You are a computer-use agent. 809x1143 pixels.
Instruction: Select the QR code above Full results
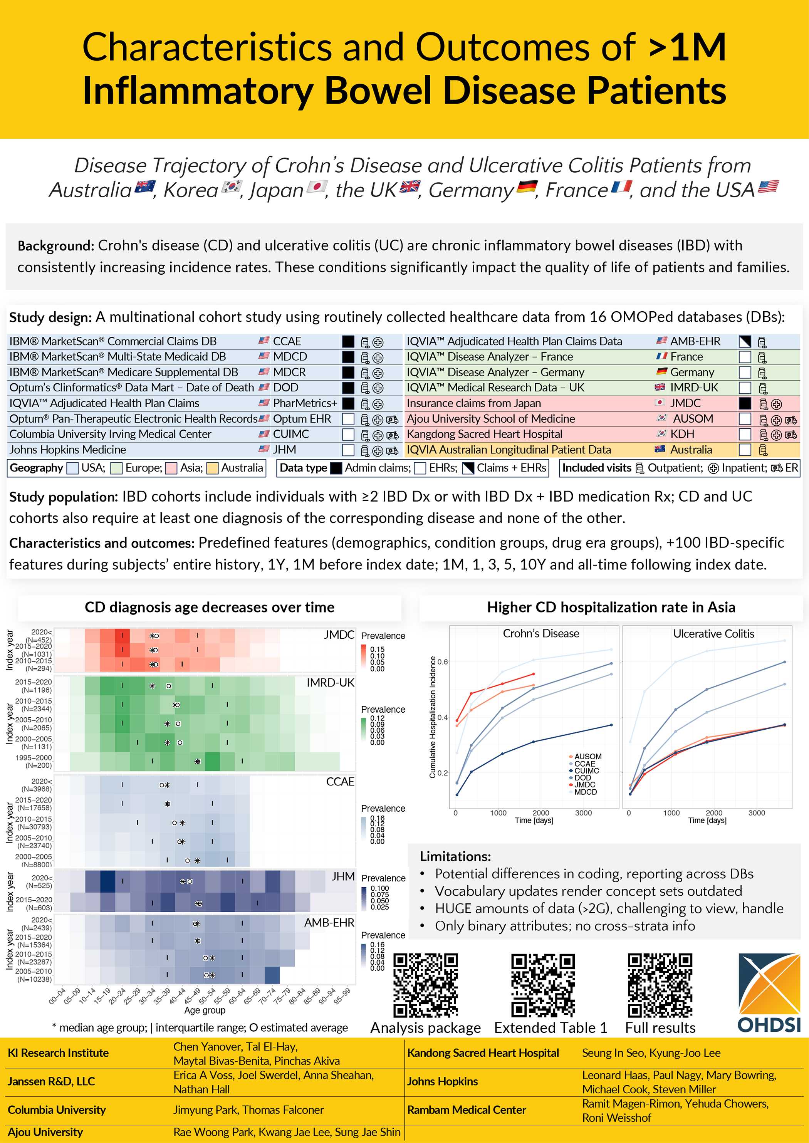point(660,985)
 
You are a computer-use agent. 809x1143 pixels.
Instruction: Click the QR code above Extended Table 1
point(542,985)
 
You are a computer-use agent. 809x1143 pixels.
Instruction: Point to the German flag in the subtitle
point(527,187)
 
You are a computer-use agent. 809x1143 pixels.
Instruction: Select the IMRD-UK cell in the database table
point(694,388)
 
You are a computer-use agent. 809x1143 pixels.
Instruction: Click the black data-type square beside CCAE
point(348,342)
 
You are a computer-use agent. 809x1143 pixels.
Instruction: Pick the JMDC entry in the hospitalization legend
point(584,784)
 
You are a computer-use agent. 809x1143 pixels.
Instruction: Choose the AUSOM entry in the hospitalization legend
point(587,757)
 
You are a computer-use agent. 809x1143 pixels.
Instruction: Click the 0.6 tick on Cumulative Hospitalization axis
point(443,661)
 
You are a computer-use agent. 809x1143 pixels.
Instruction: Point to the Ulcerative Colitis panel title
point(713,633)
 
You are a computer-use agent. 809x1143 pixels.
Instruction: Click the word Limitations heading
point(455,856)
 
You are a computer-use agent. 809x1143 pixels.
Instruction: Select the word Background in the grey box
point(55,246)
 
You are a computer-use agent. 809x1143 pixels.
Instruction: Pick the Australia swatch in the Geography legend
point(212,468)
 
